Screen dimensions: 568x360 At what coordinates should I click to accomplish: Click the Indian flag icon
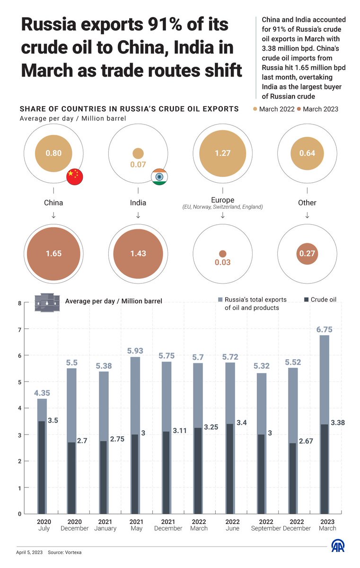[159, 176]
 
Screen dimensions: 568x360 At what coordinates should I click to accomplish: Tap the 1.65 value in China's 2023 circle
[53, 254]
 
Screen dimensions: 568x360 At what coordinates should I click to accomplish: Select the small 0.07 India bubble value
[138, 165]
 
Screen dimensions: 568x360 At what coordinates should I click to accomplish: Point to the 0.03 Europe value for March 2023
[222, 262]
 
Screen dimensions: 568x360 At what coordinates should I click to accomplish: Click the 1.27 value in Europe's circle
[222, 153]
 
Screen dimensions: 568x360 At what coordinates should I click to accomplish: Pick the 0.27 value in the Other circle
[307, 254]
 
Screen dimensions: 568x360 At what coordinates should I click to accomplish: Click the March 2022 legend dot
[255, 109]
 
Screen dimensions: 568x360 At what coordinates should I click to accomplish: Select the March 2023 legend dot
[299, 109]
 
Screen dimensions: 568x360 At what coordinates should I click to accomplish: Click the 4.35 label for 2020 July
[42, 392]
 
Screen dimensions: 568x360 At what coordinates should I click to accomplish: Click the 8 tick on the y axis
[19, 303]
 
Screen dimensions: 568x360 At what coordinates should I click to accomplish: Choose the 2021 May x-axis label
[136, 524]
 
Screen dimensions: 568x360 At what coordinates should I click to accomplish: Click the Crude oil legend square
[306, 300]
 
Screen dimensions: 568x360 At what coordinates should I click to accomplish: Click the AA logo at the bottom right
[337, 546]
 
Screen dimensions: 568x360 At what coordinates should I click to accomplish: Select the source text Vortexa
[70, 552]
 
